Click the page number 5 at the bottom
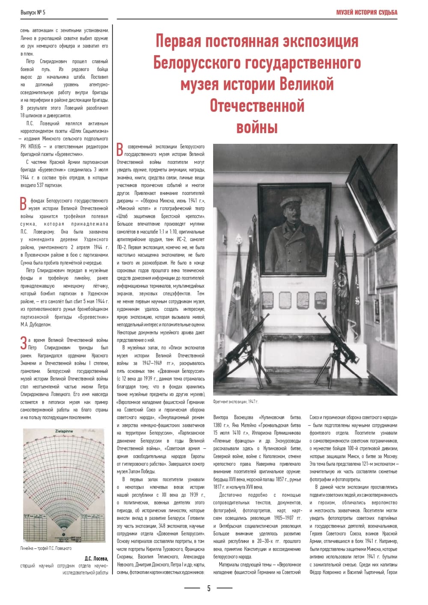tap(208, 588)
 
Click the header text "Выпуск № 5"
tap(33, 12)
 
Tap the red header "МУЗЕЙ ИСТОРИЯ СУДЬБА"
tap(366, 12)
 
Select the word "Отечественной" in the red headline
tap(257, 106)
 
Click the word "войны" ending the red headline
tap(257, 127)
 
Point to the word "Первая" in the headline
tap(178, 42)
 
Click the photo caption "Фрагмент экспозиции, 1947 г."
tap(236, 402)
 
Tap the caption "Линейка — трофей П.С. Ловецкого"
tap(46, 548)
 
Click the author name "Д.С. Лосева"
tap(96, 558)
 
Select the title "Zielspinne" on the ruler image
tap(64, 431)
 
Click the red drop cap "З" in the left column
tap(24, 343)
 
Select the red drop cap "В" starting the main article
tap(120, 150)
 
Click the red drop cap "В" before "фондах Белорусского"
tap(24, 204)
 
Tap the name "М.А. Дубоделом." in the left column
tap(36, 325)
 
